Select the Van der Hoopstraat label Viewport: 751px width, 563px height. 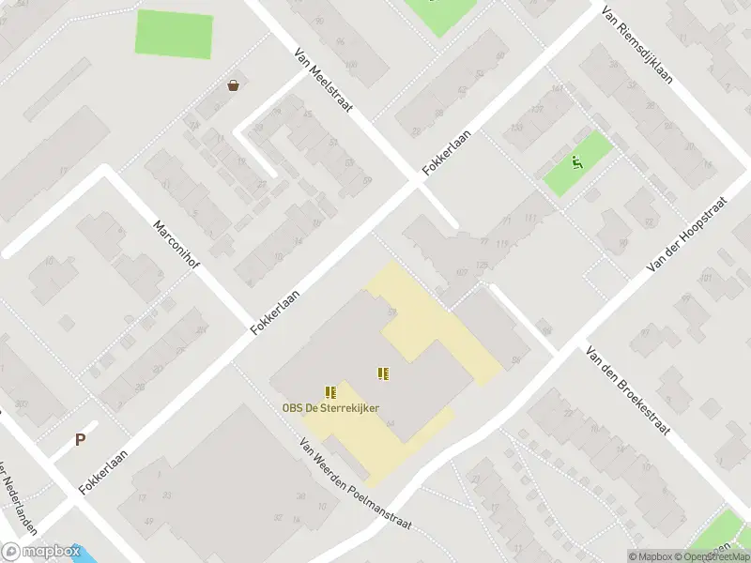tap(688, 235)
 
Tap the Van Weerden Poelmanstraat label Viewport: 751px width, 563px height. tap(356, 484)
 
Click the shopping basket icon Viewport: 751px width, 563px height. tap(232, 85)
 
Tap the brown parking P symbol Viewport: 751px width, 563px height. tap(80, 438)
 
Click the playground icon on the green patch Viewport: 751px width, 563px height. tap(577, 162)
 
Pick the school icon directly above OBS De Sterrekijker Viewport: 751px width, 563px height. tap(330, 391)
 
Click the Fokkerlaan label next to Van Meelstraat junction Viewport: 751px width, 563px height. tap(446, 153)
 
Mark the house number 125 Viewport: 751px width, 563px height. tap(482, 266)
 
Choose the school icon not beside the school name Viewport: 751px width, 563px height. tap(383, 373)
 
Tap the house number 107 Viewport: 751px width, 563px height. tap(461, 273)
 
